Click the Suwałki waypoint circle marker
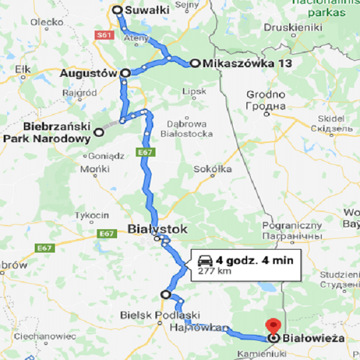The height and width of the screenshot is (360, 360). tap(118, 10)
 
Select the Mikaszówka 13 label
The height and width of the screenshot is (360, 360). tap(242, 64)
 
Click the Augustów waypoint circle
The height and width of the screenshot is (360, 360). tap(125, 73)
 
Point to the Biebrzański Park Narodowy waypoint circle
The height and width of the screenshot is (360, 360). tap(99, 131)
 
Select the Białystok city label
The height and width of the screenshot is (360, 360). tap(157, 229)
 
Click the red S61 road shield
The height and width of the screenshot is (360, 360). tap(104, 35)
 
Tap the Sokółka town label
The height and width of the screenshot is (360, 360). tap(212, 169)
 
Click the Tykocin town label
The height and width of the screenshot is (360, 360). tap(91, 215)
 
